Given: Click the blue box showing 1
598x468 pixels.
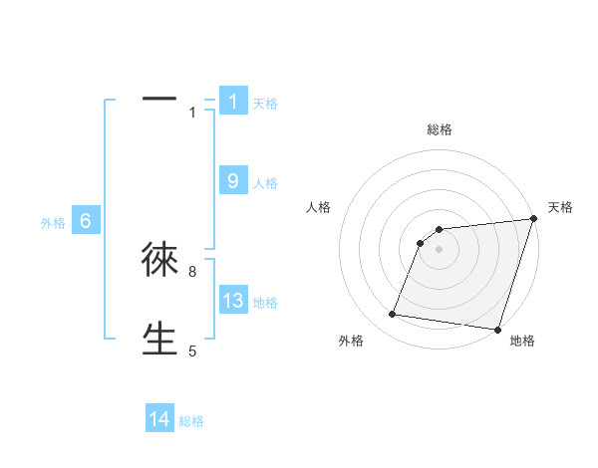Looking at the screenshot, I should (x=233, y=101).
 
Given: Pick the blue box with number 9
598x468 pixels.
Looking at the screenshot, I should (x=233, y=180).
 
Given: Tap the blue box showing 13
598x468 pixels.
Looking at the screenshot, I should (x=233, y=301).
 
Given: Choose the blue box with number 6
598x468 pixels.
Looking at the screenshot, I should (x=86, y=221).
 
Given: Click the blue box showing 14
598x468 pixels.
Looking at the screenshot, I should (x=159, y=419).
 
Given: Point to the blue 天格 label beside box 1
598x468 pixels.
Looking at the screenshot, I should (x=265, y=104).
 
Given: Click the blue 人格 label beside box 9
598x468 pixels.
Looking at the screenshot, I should (x=265, y=183).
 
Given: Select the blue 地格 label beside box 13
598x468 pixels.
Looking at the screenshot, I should (x=265, y=303).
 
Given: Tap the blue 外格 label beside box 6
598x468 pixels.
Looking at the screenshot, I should (x=53, y=223).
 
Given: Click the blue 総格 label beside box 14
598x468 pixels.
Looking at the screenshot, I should (x=191, y=422).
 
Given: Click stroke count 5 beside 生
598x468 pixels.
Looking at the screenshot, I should (x=192, y=351).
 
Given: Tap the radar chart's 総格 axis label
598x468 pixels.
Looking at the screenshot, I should (x=440, y=129).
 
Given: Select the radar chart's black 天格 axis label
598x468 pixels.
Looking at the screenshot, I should (x=560, y=207).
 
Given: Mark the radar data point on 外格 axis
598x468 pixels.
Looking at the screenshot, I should (x=393, y=315).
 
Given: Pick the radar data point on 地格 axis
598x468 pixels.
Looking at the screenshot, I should (x=496, y=329).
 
